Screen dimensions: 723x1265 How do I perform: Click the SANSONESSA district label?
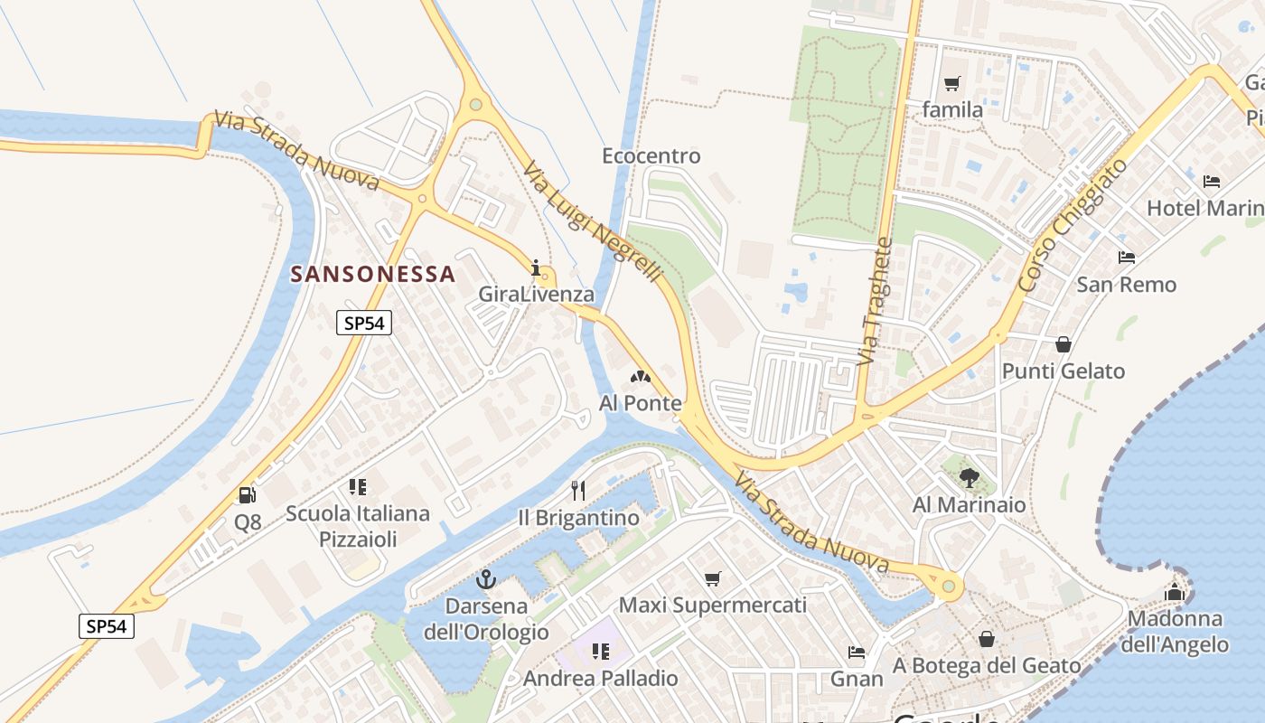pyautogui.click(x=372, y=275)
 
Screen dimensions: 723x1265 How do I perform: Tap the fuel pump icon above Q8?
pyautogui.click(x=247, y=494)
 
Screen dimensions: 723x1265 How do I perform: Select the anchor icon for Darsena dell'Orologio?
pyautogui.click(x=486, y=579)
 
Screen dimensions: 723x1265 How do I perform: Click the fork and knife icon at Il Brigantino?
pyautogui.click(x=578, y=491)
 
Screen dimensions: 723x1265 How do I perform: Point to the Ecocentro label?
pyautogui.click(x=651, y=156)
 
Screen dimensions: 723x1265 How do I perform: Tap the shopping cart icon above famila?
pyautogui.click(x=951, y=84)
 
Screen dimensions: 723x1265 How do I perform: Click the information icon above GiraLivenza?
pyautogui.click(x=536, y=268)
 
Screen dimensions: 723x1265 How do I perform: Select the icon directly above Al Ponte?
pyautogui.click(x=640, y=376)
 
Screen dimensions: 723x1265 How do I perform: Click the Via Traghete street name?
pyautogui.click(x=874, y=302)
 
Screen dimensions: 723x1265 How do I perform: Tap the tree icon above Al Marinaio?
pyautogui.click(x=969, y=476)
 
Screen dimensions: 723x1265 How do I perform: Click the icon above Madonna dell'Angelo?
pyautogui.click(x=1175, y=593)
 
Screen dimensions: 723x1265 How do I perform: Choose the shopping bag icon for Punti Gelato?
pyautogui.click(x=1064, y=344)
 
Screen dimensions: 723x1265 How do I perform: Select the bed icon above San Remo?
pyautogui.click(x=1126, y=258)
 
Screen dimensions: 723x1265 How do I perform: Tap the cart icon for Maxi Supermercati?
pyautogui.click(x=713, y=578)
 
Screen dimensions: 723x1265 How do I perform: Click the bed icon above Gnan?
pyautogui.click(x=856, y=652)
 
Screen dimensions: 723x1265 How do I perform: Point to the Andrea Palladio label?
pyautogui.click(x=601, y=679)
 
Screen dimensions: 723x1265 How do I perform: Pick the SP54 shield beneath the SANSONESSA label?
pyautogui.click(x=364, y=323)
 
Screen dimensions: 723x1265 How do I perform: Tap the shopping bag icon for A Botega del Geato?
pyautogui.click(x=987, y=639)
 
